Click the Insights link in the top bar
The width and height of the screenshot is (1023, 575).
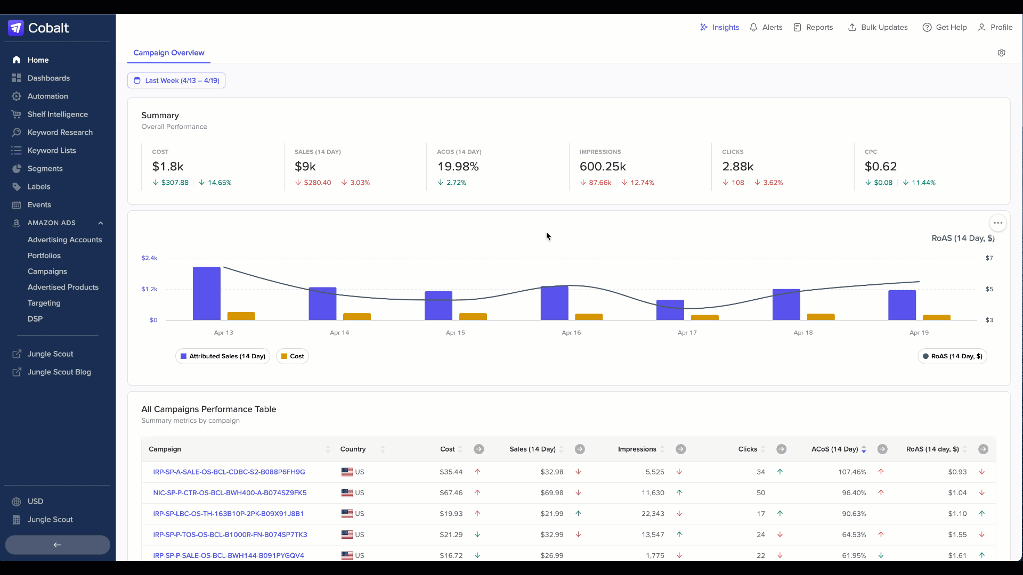[x=719, y=27]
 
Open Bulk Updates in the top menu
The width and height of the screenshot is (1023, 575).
[x=878, y=27]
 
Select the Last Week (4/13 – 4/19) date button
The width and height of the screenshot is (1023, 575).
[x=176, y=80]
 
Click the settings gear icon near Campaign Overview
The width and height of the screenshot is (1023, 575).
[x=1002, y=53]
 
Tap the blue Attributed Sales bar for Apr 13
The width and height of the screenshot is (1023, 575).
[x=207, y=293]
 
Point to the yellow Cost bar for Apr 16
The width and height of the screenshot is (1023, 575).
[x=589, y=317]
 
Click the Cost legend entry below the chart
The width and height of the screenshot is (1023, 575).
[x=293, y=356]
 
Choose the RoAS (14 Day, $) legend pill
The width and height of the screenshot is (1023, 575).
[x=953, y=356]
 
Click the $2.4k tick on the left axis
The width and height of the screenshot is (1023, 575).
[x=149, y=258]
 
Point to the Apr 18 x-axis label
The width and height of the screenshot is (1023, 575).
[x=803, y=333]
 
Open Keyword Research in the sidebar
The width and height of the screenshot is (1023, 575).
[x=60, y=133]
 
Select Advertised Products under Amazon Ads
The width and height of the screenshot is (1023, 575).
[x=63, y=287]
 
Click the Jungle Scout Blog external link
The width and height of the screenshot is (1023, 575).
[x=59, y=372]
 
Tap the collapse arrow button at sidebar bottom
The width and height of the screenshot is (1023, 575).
[x=58, y=545]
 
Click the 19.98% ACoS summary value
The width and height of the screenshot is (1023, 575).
[x=458, y=167]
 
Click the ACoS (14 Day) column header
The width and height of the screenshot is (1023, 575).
[x=834, y=449]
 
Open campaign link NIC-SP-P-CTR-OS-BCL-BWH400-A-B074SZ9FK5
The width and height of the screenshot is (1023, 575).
[x=230, y=493]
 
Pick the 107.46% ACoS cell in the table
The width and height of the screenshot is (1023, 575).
[x=852, y=472]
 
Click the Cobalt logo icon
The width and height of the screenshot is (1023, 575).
[x=16, y=28]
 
